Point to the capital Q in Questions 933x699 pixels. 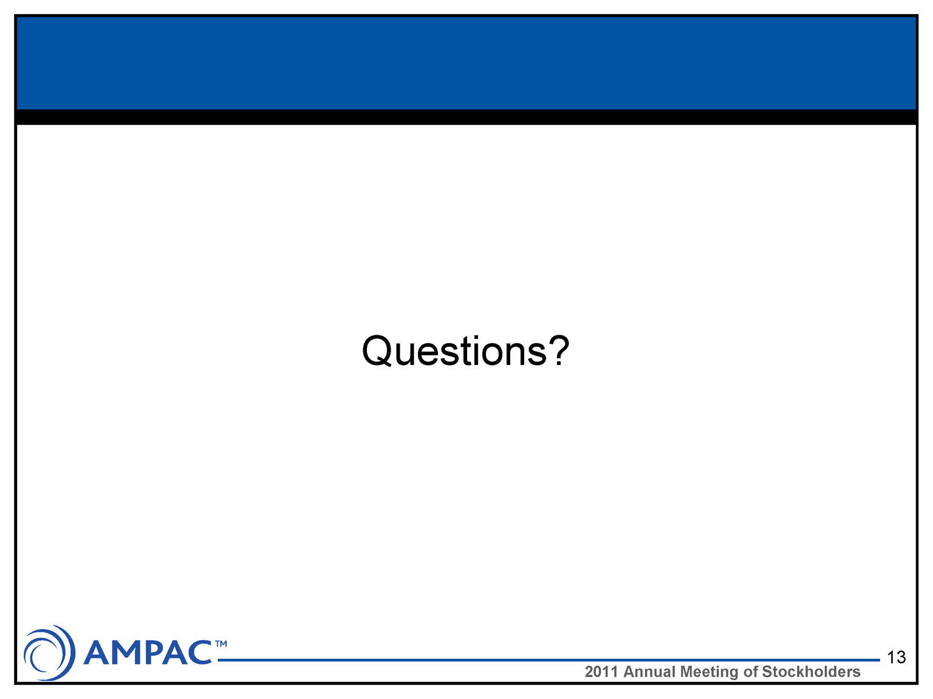pyautogui.click(x=377, y=351)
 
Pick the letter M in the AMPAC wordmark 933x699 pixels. pyautogui.click(x=128, y=652)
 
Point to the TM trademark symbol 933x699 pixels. pyautogui.click(x=221, y=644)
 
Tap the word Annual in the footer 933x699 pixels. pyautogui.click(x=649, y=672)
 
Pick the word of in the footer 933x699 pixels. pyautogui.click(x=750, y=672)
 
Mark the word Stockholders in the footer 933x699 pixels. pyautogui.click(x=811, y=672)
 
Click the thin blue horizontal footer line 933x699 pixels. pyautogui.click(x=549, y=660)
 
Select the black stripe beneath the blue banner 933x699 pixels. pyautogui.click(x=466, y=117)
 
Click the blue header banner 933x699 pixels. pyautogui.click(x=466, y=63)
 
